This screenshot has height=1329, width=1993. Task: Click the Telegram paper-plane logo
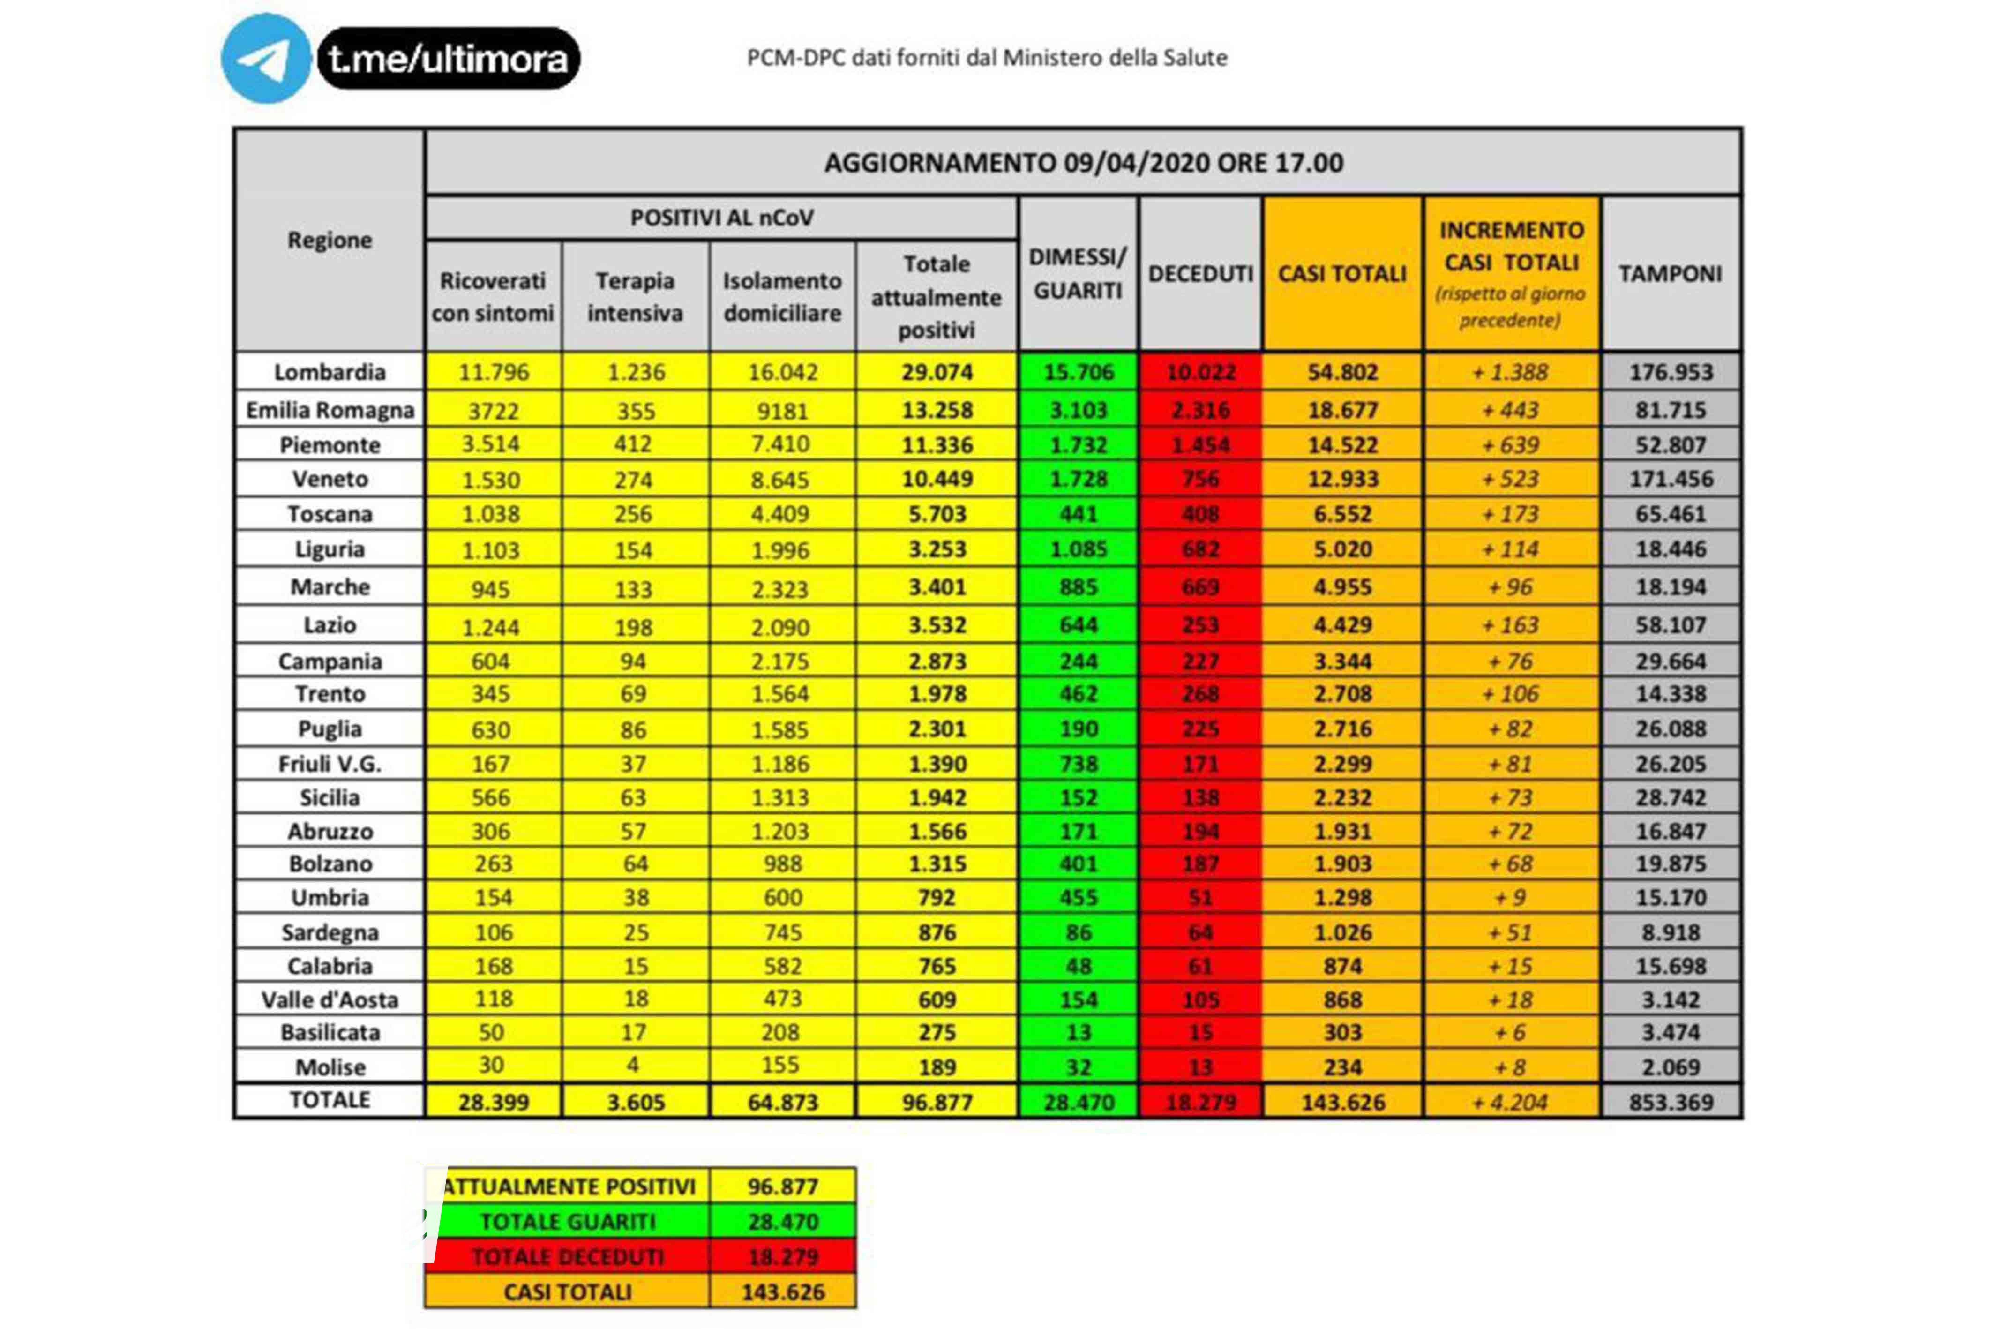[266, 59]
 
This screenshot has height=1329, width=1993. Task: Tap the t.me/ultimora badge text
[448, 59]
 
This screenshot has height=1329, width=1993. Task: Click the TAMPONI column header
[1670, 274]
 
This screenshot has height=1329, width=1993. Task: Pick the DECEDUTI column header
[1200, 274]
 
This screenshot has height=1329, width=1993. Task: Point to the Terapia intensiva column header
[635, 297]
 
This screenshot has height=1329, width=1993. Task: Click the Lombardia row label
[330, 372]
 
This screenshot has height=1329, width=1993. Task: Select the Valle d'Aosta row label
[330, 1000]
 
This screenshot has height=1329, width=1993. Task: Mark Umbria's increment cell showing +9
[1511, 898]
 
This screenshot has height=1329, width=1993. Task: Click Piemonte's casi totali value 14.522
[1342, 445]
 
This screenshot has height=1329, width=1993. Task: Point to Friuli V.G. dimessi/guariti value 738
[1079, 764]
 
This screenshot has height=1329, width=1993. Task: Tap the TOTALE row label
[330, 1100]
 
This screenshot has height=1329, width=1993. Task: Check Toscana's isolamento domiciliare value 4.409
[780, 514]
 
